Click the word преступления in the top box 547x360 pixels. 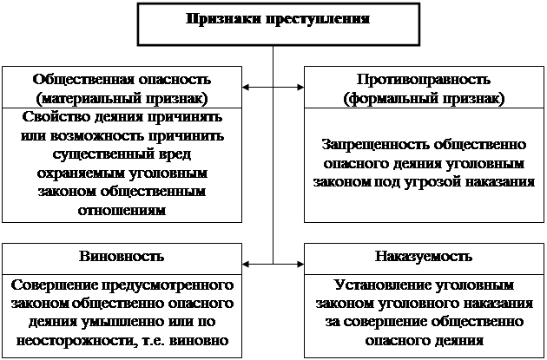[x=318, y=19]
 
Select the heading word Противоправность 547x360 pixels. [x=424, y=80]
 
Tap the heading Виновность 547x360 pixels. [x=122, y=256]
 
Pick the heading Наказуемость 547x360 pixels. [x=424, y=257]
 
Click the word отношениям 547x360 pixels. [x=122, y=211]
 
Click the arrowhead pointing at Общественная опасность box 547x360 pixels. [x=246, y=87]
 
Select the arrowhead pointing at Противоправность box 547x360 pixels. [x=300, y=87]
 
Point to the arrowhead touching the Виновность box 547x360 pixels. [x=246, y=265]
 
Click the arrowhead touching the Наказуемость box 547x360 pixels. [x=300, y=265]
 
